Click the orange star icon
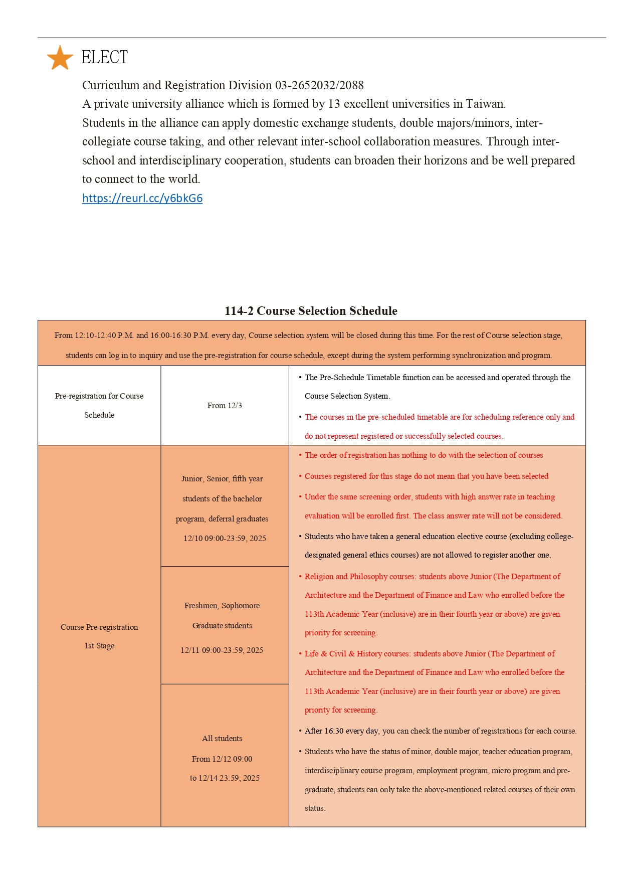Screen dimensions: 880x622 click(60, 58)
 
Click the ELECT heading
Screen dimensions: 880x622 click(105, 57)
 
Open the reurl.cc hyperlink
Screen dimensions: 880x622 click(142, 198)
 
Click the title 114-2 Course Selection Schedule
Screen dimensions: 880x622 click(311, 311)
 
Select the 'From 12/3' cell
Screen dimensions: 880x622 click(225, 406)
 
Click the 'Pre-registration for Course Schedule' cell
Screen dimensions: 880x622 click(99, 405)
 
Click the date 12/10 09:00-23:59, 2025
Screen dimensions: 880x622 click(225, 539)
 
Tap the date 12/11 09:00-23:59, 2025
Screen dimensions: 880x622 click(222, 650)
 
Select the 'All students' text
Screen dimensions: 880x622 click(222, 739)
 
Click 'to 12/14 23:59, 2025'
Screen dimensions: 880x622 click(225, 778)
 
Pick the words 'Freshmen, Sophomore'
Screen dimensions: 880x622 click(222, 606)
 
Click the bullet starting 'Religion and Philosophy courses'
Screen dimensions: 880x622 click(432, 577)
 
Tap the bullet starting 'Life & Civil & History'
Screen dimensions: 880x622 click(430, 654)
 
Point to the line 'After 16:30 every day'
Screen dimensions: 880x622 click(440, 731)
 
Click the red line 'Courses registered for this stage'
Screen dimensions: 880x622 click(426, 476)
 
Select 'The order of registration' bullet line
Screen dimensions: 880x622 click(424, 455)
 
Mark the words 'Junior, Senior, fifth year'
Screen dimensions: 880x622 click(222, 479)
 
